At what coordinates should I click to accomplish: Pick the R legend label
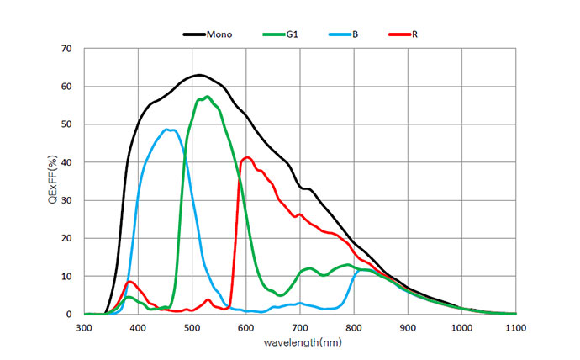(415, 34)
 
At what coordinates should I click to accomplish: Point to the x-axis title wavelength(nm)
(300, 342)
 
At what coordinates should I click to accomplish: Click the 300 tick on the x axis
(84, 328)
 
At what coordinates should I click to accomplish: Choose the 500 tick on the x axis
(192, 328)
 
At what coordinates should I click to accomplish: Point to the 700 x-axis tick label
(300, 328)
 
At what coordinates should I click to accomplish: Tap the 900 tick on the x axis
(409, 328)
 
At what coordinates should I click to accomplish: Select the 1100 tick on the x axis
(516, 328)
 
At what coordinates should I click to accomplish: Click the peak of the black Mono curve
(198, 75)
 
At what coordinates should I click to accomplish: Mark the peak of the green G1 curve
(206, 97)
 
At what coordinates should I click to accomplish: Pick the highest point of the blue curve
(169, 130)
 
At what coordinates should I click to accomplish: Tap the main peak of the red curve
(247, 157)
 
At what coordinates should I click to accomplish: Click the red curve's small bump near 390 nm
(130, 282)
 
